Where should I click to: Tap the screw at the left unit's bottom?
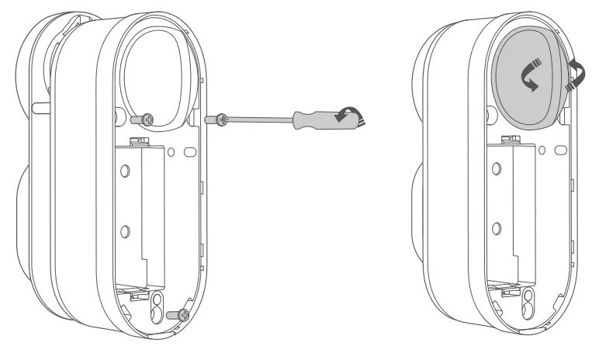181,315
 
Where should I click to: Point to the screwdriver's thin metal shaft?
260,119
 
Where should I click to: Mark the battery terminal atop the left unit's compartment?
140,140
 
